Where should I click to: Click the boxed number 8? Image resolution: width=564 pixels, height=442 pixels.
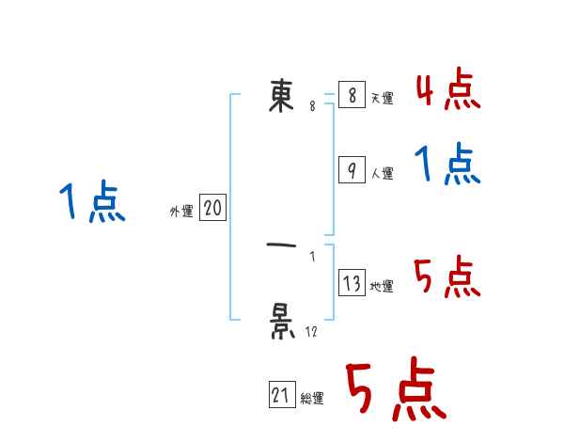(x=351, y=95)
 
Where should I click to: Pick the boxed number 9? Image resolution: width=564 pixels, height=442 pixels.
(x=351, y=170)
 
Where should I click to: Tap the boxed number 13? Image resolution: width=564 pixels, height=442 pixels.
(x=351, y=283)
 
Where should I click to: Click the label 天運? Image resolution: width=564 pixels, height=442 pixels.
(x=382, y=99)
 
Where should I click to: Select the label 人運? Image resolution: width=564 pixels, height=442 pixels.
(x=382, y=174)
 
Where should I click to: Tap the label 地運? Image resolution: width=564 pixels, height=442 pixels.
(x=382, y=287)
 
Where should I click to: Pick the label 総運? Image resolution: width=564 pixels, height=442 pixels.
(x=311, y=399)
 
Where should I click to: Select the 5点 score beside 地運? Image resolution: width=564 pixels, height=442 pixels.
(x=447, y=278)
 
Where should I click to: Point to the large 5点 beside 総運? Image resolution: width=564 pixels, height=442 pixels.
(x=396, y=391)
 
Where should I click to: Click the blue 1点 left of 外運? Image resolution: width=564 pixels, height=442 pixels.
(x=92, y=203)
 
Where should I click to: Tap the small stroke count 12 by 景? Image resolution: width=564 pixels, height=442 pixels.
(x=311, y=331)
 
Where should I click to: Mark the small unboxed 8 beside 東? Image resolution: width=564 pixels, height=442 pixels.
(x=312, y=106)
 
